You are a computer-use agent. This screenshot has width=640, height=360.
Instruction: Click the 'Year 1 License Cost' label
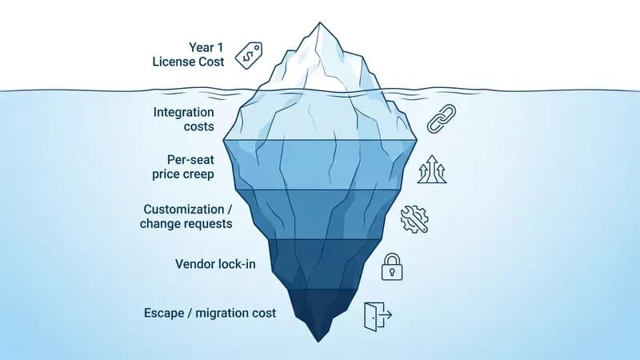point(188,54)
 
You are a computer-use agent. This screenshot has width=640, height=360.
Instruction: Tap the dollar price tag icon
point(249,55)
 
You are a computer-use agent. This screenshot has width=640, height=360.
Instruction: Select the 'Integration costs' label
point(184,119)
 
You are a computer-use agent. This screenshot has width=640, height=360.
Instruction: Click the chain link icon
point(442,118)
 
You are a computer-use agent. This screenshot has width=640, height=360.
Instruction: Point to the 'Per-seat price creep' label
point(183,167)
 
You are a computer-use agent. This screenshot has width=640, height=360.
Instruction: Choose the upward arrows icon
point(432,169)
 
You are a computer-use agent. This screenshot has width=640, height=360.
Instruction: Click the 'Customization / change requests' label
point(186,216)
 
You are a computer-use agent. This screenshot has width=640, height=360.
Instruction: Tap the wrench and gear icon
point(414,219)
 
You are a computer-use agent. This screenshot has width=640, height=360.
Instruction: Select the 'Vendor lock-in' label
point(215,264)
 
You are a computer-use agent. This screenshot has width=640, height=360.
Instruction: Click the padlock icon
point(392,267)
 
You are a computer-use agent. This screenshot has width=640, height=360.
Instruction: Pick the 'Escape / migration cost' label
point(210,313)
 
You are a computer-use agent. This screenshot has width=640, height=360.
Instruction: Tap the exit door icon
point(378,316)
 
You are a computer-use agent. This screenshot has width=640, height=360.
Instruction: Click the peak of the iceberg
point(319,22)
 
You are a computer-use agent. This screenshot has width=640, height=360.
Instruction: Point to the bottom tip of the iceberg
point(318,342)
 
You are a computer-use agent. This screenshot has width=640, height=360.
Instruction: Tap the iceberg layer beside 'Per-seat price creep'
point(321,165)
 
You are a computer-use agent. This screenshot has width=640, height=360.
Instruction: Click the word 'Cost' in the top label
point(211,62)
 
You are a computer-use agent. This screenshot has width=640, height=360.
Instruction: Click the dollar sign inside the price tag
point(247,57)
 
